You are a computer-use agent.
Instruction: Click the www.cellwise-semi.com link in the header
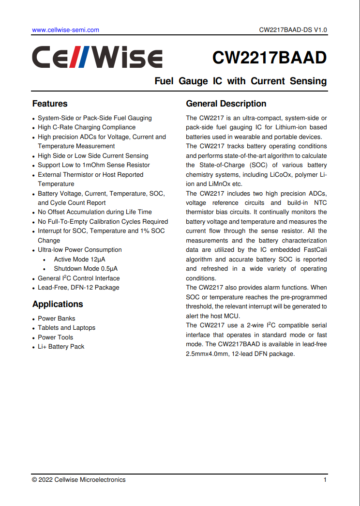pos(65,30)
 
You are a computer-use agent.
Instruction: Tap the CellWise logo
pos(97,58)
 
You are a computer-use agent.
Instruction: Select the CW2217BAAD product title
pos(270,58)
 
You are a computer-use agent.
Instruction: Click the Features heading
pos(50,104)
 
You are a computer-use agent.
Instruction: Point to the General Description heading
pos(226,104)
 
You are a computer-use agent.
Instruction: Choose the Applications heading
pos(58,304)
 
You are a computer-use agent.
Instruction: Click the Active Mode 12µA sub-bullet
pos(79,260)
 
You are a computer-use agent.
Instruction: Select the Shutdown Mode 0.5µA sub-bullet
pos(86,269)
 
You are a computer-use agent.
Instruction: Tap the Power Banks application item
pos(57,319)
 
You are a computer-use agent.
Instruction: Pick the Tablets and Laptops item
pos(67,328)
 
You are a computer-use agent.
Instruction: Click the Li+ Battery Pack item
pos(61,347)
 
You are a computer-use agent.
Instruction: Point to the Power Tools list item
pos(56,337)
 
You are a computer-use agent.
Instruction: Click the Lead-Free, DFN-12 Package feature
pos(78,288)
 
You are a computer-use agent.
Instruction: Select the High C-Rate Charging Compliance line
pos(87,127)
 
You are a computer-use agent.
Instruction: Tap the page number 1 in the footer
pos(325,480)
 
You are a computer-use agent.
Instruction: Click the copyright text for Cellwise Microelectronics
pos(79,480)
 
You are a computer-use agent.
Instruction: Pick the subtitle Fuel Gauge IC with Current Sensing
pos(240,81)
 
